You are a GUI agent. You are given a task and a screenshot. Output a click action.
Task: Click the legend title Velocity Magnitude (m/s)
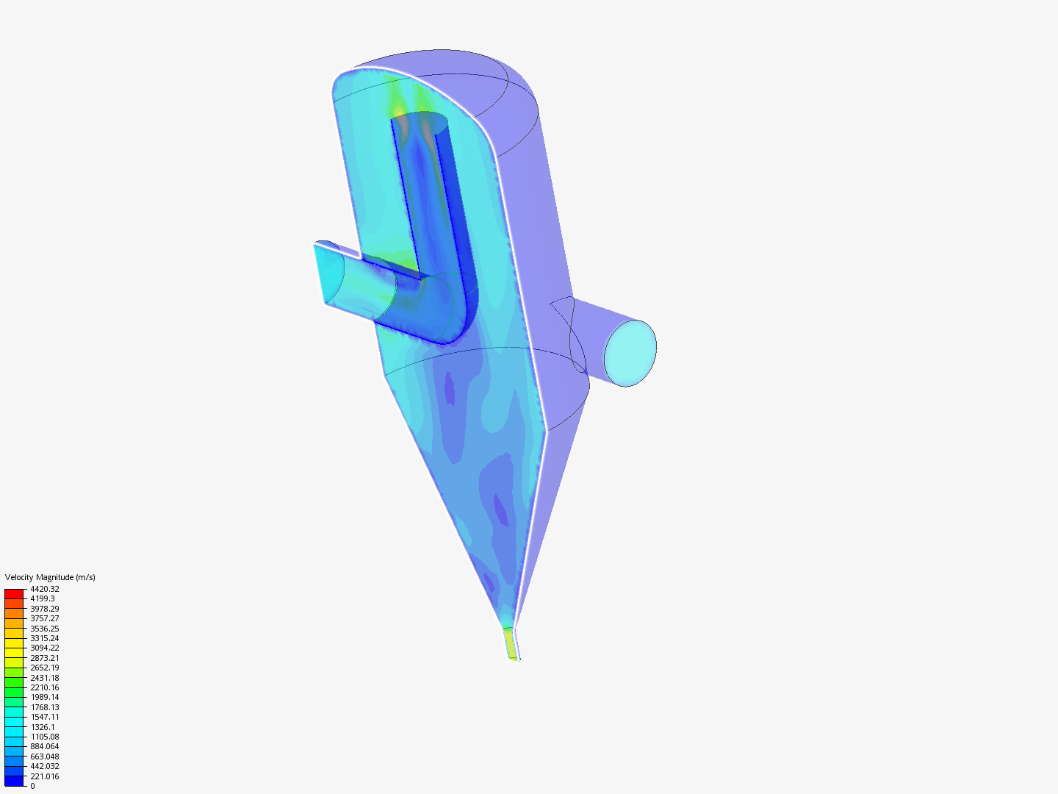[x=50, y=577]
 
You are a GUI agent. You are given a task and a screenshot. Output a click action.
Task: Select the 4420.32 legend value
[x=45, y=589]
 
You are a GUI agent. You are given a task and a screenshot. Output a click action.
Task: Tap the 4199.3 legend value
[x=43, y=598]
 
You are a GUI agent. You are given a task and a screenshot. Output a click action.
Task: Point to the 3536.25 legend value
[x=45, y=628]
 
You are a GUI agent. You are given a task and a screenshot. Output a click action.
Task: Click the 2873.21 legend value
[x=45, y=657]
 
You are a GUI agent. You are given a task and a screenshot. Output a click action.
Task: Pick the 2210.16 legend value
[x=45, y=687]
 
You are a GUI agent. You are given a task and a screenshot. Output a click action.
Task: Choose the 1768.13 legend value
[x=45, y=707]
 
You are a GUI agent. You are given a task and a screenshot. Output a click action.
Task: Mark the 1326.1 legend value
[x=43, y=727]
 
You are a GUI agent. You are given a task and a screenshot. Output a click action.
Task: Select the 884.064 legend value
[x=45, y=747]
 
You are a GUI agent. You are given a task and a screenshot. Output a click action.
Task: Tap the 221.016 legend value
[x=45, y=776]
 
